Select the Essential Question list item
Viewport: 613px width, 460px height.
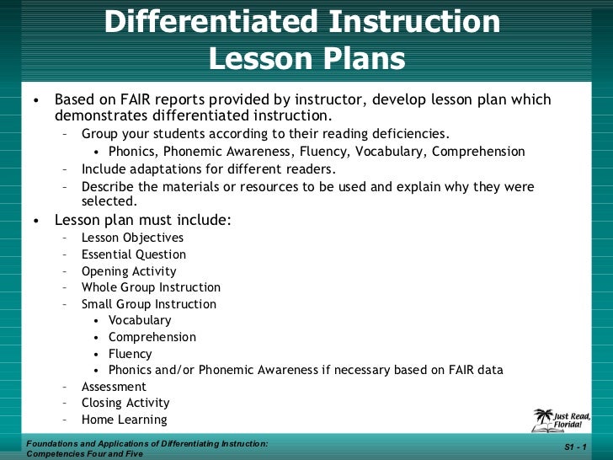pos(134,254)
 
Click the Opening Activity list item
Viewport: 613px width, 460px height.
pos(129,271)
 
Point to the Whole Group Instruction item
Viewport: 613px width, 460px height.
pos(151,287)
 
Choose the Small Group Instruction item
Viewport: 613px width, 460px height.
pos(149,304)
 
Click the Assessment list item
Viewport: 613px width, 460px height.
pos(114,387)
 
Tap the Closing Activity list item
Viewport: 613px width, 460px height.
pos(125,403)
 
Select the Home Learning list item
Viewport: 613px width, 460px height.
pos(125,420)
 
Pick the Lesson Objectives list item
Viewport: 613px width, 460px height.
pos(132,238)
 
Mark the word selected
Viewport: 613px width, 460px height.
pos(108,202)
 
